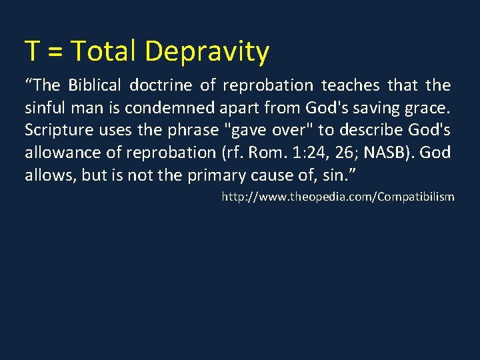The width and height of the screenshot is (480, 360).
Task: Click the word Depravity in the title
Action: tap(206, 51)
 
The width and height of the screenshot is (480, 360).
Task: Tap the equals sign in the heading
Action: tap(56, 51)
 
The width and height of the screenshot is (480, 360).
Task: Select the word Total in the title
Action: tap(103, 51)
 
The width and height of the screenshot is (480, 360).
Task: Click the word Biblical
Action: tap(95, 85)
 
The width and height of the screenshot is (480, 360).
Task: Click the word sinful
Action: tap(45, 107)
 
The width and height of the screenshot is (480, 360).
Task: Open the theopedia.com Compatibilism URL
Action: tap(338, 197)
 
